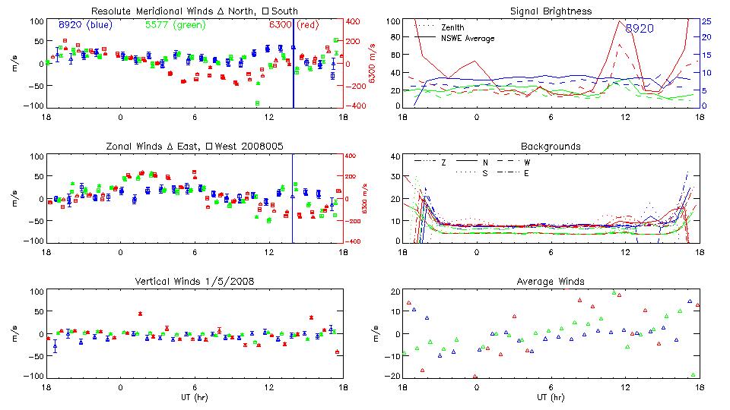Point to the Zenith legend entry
point(455,27)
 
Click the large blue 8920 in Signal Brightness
point(640,28)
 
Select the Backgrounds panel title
point(551,146)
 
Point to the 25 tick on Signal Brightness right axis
point(706,21)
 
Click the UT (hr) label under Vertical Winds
point(194,397)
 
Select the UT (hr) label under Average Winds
point(551,397)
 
